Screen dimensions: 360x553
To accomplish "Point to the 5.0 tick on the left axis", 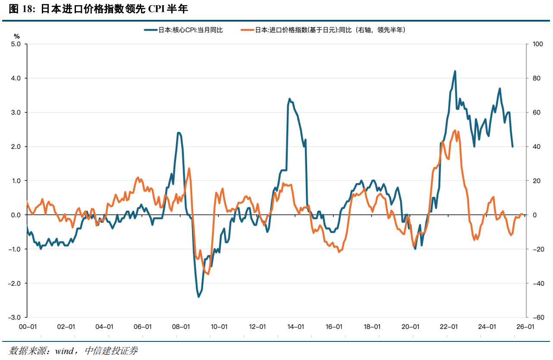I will pyautogui.click(x=16, y=44).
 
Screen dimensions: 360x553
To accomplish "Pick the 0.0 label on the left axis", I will pyautogui.click(x=16, y=215).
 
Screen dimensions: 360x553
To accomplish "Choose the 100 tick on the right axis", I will pyautogui.click(x=538, y=44).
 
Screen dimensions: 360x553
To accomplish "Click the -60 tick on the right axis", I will pyautogui.click(x=538, y=317).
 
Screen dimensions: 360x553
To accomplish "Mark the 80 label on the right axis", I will pyautogui.click(x=537, y=78).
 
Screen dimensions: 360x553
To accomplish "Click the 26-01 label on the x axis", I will pyautogui.click(x=525, y=327).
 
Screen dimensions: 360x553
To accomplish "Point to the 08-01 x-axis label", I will pyautogui.click(x=181, y=327).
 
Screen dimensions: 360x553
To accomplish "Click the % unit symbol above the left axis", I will pyautogui.click(x=17, y=36).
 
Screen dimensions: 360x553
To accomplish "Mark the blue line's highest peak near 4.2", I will pyautogui.click(x=455, y=72).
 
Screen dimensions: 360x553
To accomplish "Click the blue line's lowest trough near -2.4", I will pyautogui.click(x=199, y=297).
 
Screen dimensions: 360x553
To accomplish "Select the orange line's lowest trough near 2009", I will pyautogui.click(x=208, y=274).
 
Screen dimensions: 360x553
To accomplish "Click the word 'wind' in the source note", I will pyautogui.click(x=65, y=351).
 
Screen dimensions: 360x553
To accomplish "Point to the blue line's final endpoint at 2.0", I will pyautogui.click(x=512, y=146).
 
